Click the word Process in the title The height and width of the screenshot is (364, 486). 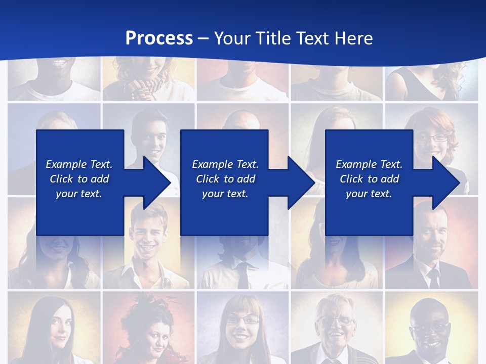159,38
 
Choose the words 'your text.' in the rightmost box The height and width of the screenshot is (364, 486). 369,194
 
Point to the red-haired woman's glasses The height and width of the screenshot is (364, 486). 432,138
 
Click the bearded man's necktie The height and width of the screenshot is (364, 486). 434,278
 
